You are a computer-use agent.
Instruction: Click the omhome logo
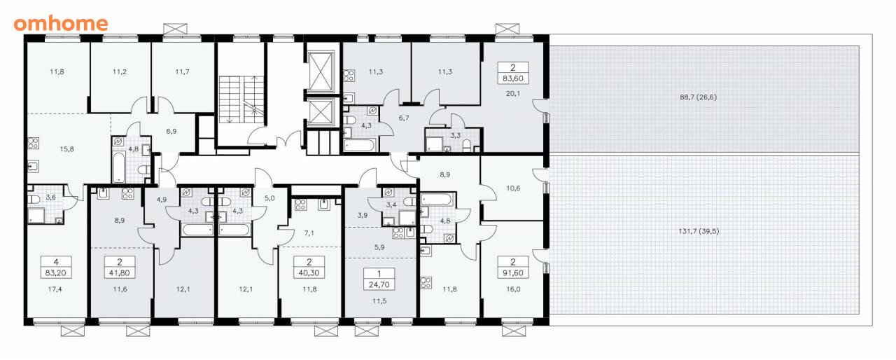tap(61, 24)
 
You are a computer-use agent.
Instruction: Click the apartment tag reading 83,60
tap(513, 73)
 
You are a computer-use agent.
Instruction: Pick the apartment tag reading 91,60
tap(513, 268)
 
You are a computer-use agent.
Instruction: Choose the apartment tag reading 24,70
tap(379, 279)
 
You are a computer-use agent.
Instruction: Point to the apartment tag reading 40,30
tap(309, 268)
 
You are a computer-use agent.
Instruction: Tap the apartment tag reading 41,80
tap(120, 268)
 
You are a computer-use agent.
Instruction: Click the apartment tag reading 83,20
tap(56, 268)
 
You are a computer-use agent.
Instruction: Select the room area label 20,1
tap(513, 94)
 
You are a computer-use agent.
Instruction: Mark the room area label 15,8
tap(66, 149)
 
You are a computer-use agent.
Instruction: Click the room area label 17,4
tap(55, 289)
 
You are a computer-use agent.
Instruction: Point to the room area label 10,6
tap(513, 188)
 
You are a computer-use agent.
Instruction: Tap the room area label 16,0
tap(513, 289)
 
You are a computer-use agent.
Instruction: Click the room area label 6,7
tap(404, 118)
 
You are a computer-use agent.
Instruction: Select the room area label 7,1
tap(309, 233)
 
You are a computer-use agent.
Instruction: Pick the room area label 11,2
tap(120, 72)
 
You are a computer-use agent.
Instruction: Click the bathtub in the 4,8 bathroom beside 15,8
tap(118, 166)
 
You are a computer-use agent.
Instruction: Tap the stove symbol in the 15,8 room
tap(33, 143)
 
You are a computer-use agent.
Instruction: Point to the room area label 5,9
tap(379, 248)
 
